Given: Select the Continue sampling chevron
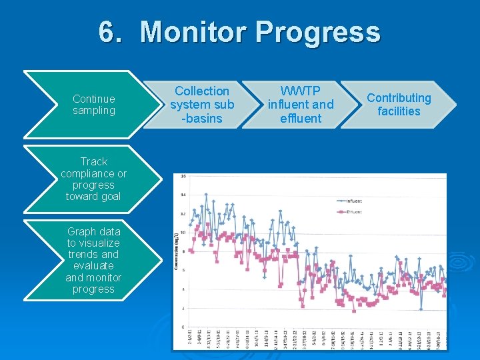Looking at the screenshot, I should coord(93,105).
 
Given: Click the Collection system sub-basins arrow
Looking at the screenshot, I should coord(201,105).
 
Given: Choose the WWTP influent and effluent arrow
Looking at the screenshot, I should coord(300,105).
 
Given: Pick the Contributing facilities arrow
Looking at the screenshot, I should coord(399,105).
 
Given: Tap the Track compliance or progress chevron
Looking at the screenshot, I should coord(93,179).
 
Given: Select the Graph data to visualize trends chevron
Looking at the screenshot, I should coord(93,260).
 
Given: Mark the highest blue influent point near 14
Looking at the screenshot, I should coord(206,195).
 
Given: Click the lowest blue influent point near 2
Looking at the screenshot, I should coord(421,309).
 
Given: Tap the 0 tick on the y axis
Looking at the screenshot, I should coord(183,327).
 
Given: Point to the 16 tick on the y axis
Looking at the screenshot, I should coord(182,177).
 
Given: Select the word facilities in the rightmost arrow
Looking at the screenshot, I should coord(399,111).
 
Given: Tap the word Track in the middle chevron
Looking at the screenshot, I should coord(93,161).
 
